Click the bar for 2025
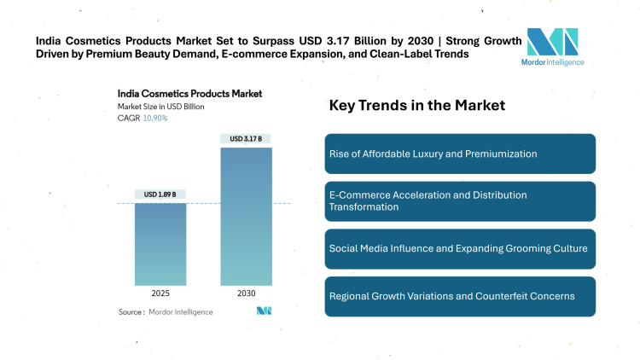160,243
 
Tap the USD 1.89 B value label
160,195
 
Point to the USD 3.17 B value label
246,138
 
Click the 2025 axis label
160,293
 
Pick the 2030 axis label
246,293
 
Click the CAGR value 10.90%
154,118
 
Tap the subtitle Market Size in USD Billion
161,106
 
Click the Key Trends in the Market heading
417,106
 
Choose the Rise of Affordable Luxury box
460,154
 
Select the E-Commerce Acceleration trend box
460,201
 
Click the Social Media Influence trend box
460,248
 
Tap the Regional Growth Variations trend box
460,296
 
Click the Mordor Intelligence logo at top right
552,47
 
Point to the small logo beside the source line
264,311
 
